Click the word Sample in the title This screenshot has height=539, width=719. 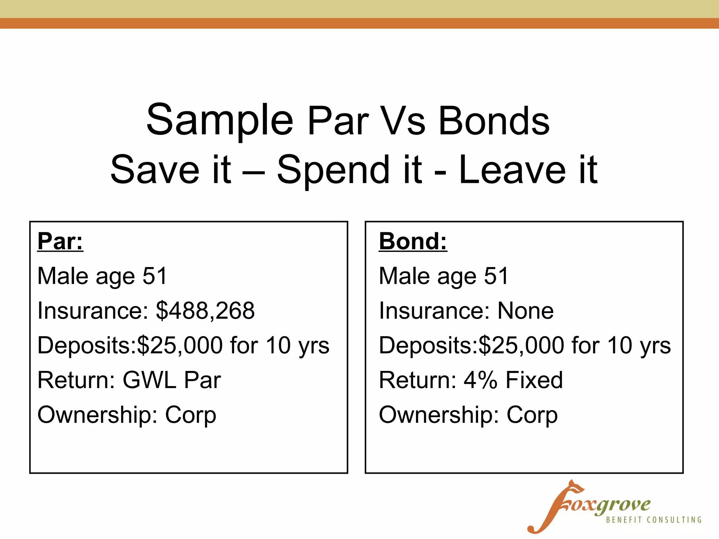[219, 120]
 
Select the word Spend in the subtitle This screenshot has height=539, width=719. [333, 171]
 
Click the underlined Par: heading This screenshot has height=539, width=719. [60, 241]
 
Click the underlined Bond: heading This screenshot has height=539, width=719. [413, 241]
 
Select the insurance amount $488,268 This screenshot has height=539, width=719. [205, 311]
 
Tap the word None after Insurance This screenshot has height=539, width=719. [526, 311]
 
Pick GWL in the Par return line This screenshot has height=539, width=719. [149, 380]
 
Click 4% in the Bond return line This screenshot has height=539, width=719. [480, 380]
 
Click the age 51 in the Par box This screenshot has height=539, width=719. [154, 276]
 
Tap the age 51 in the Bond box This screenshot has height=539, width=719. [496, 276]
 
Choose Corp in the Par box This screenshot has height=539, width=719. [191, 415]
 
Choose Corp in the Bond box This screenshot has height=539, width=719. [532, 415]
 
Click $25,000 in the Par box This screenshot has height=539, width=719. [179, 345]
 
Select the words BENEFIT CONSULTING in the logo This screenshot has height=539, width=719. [654, 520]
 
